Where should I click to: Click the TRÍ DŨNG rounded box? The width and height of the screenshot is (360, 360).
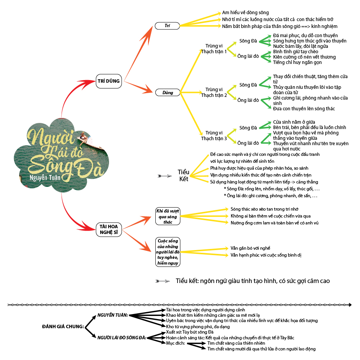tap(108, 81)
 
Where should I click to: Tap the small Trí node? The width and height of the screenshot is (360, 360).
tap(167, 26)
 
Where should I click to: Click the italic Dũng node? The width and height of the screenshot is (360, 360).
tap(167, 92)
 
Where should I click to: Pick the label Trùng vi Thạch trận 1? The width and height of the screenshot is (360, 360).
tap(214, 49)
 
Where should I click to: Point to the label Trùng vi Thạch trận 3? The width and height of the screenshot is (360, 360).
tap(214, 136)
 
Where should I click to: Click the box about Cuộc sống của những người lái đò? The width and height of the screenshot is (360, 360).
tap(168, 252)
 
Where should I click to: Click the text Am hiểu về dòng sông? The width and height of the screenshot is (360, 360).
tap(245, 13)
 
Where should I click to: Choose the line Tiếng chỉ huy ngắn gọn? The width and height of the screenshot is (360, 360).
tap(297, 62)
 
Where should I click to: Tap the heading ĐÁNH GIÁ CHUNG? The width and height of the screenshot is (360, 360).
tap(63, 327)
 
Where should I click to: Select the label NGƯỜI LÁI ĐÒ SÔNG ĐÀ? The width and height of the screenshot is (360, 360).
tap(122, 338)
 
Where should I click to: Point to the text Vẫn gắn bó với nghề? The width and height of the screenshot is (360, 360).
tap(253, 248)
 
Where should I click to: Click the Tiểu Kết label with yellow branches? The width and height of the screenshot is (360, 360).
tap(184, 175)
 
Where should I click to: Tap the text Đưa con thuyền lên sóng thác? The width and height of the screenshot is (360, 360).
tap(304, 109)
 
